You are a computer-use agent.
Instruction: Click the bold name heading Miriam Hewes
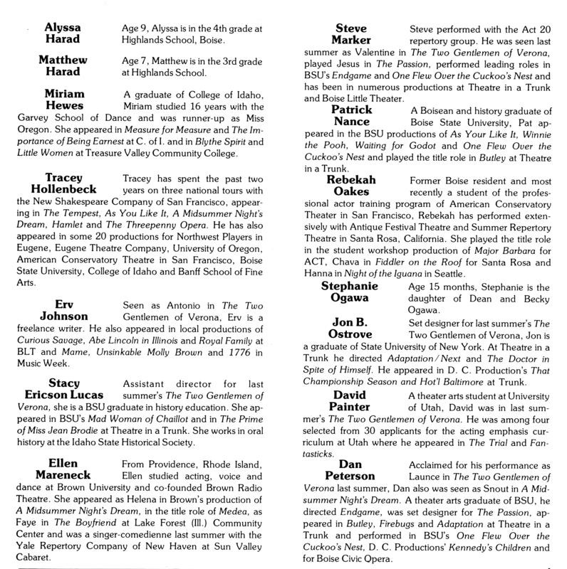(x=66, y=100)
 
